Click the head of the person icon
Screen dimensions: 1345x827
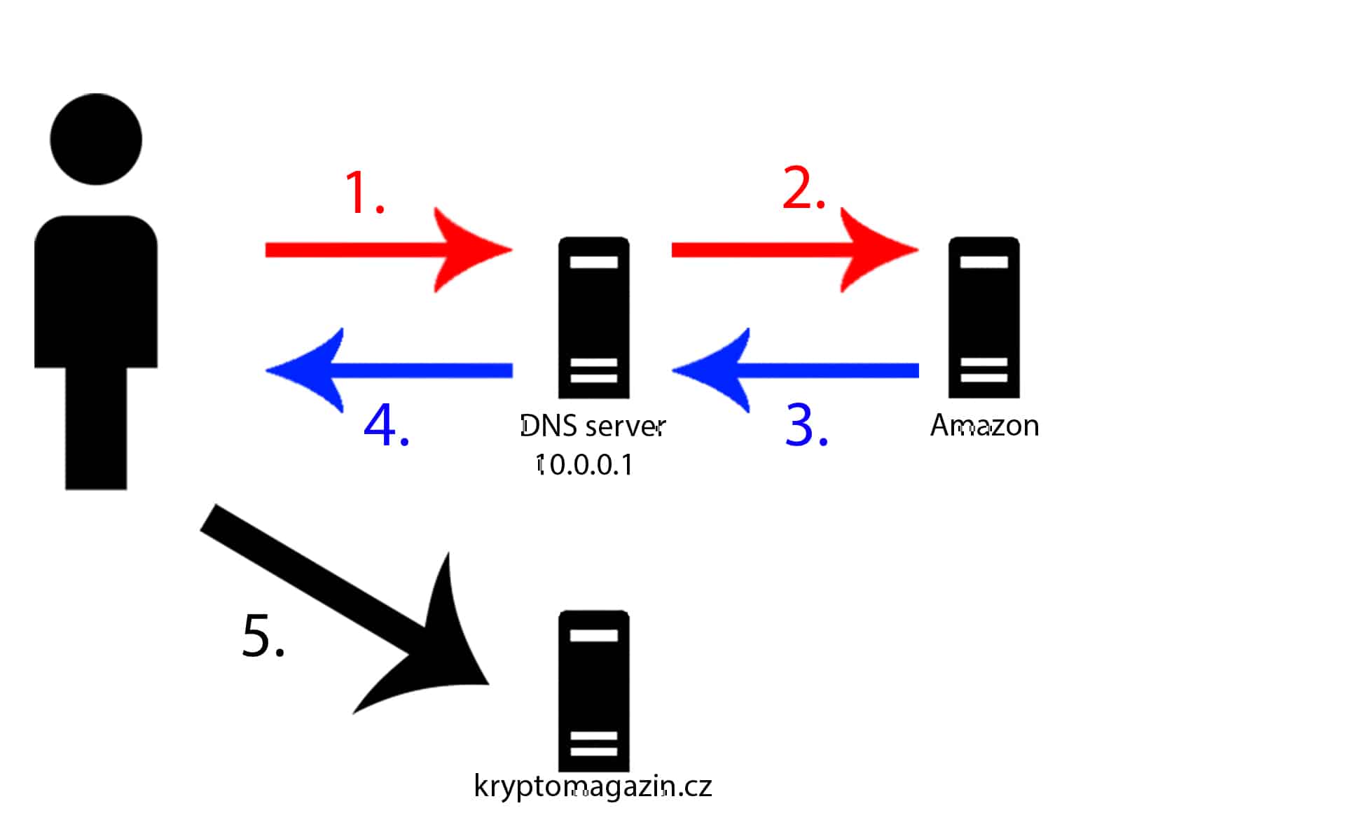coord(96,139)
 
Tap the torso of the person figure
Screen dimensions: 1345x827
coord(96,291)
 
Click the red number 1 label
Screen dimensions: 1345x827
coord(364,193)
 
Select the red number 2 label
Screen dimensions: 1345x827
coord(803,188)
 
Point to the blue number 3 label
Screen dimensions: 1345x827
coord(806,425)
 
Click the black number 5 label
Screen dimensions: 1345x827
coord(263,635)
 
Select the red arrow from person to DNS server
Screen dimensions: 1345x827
coord(389,250)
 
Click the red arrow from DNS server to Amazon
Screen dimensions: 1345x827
coord(795,250)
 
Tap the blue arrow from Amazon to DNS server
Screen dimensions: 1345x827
coord(795,370)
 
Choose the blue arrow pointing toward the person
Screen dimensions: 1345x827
coord(389,370)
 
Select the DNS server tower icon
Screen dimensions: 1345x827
coord(593,318)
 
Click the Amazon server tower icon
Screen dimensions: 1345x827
coord(984,318)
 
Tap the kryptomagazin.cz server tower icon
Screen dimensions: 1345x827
coord(593,691)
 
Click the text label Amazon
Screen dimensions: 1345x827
coord(984,425)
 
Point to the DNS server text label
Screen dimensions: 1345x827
coord(593,426)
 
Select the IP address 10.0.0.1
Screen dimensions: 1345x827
coord(585,464)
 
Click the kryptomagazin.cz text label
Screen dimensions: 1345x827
coord(593,786)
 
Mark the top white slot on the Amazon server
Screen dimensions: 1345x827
coord(984,262)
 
